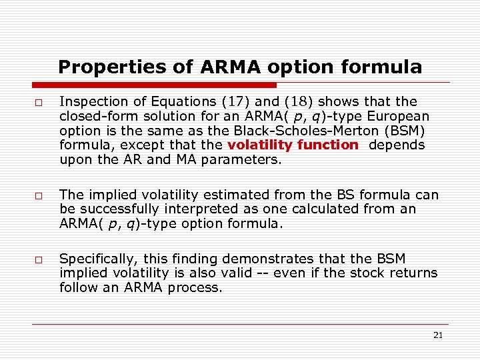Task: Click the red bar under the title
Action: (155, 85)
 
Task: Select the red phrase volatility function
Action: (293, 145)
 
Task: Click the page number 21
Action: (437, 335)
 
